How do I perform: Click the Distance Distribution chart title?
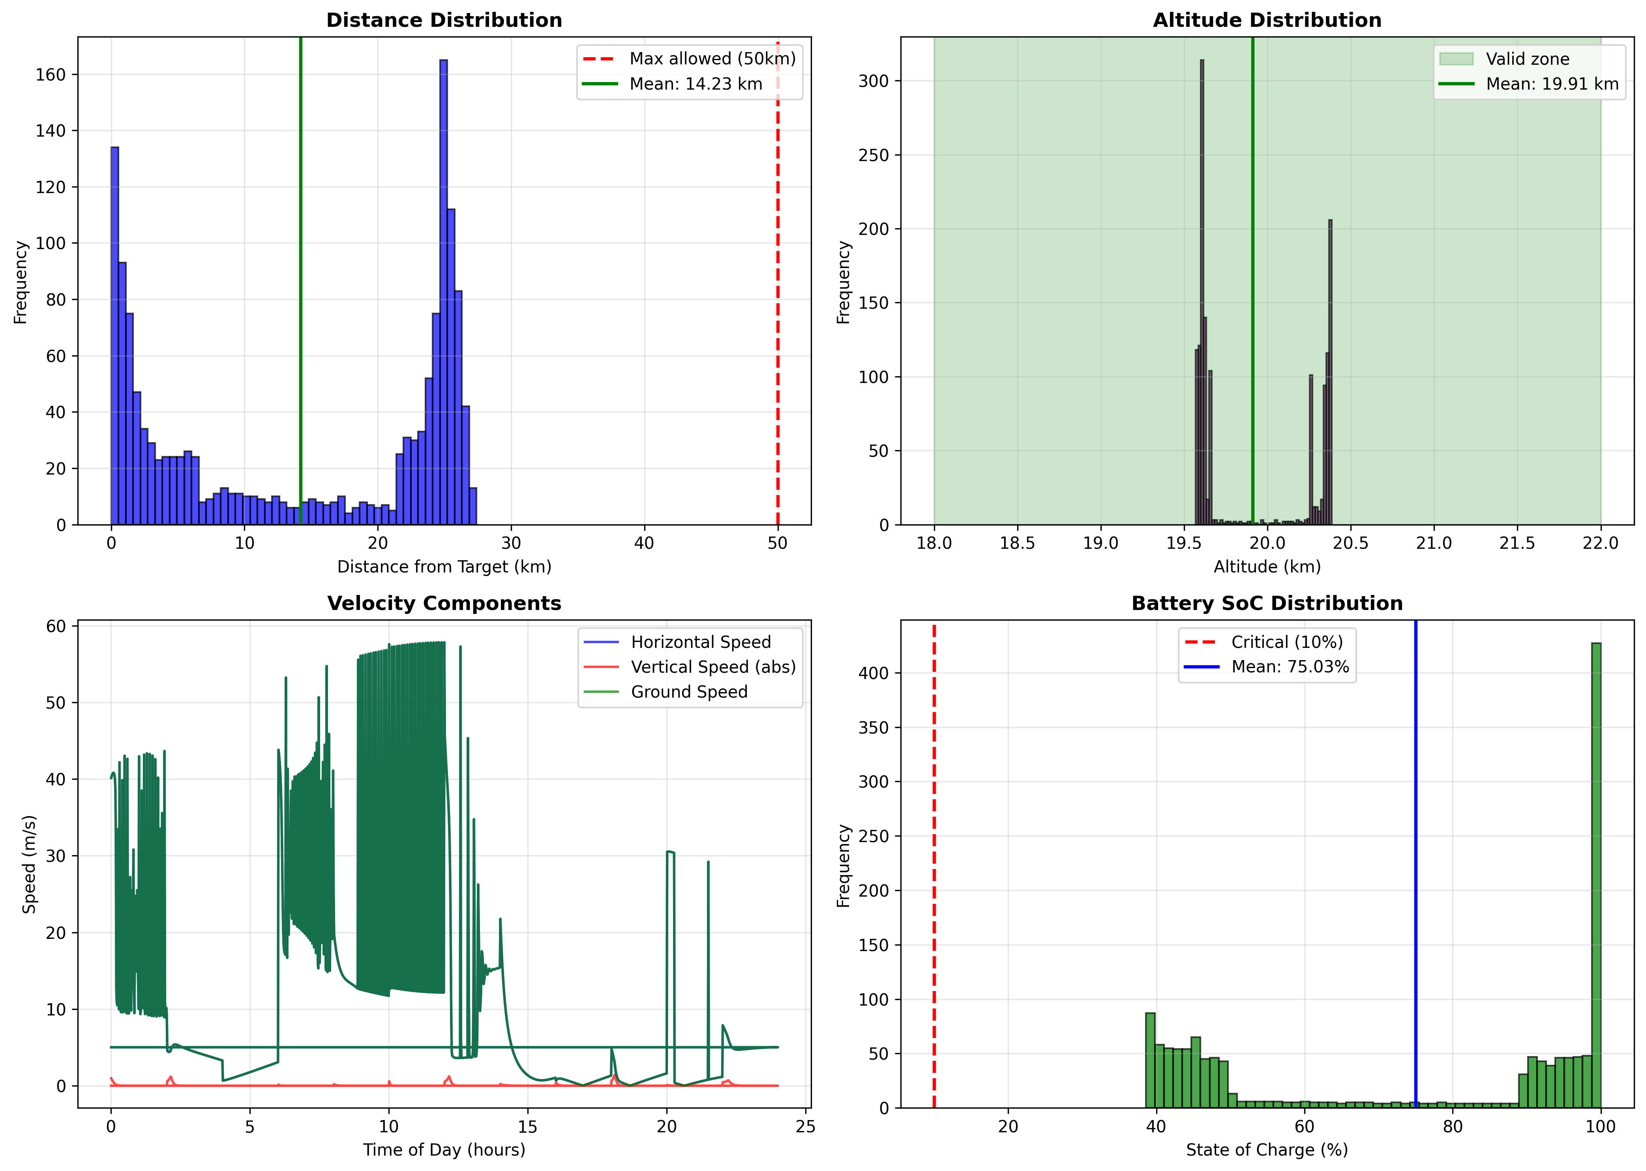(444, 20)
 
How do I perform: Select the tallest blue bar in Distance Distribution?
(443, 289)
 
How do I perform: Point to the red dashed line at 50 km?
(777, 289)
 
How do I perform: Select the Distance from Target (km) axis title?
(444, 567)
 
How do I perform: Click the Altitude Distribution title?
(1267, 20)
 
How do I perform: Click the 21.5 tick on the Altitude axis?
(1517, 543)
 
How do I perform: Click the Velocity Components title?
(444, 604)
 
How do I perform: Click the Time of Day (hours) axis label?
(444, 1149)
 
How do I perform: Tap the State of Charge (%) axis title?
(1267, 1149)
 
